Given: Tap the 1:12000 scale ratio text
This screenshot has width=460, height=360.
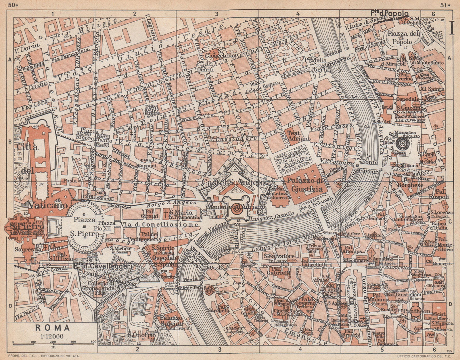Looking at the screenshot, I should click(x=53, y=336).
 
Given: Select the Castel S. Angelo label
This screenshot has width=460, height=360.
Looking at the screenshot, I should click(x=233, y=182).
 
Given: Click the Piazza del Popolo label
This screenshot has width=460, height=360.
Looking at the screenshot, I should click(x=404, y=38).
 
